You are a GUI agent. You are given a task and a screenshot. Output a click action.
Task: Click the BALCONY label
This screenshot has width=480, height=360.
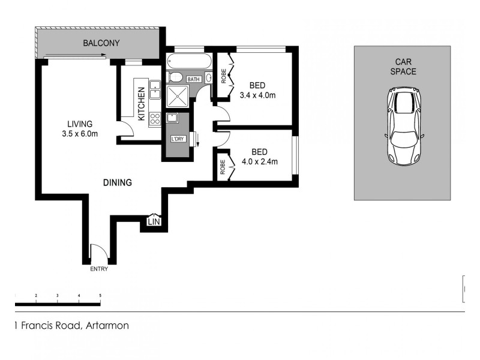click(x=101, y=43)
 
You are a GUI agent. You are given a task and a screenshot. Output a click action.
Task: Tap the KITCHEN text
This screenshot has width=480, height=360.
click(x=142, y=104)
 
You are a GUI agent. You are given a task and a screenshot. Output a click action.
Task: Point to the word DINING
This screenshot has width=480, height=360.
click(x=117, y=182)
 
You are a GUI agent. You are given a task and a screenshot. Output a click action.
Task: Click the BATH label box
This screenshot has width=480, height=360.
click(x=194, y=79)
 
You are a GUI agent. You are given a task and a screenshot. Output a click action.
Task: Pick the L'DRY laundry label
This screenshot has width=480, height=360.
click(x=178, y=139)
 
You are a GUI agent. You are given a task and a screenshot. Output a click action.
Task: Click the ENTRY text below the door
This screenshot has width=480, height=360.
click(x=99, y=269)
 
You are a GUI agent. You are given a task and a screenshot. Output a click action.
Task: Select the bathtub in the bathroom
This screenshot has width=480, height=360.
click(x=188, y=61)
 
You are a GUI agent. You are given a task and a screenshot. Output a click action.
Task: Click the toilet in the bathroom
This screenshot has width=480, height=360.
click(x=176, y=77)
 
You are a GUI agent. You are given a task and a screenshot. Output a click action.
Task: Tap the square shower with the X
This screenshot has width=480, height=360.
click(x=178, y=97)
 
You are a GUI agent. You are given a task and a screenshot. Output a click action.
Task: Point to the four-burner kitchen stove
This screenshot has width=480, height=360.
click(x=155, y=118)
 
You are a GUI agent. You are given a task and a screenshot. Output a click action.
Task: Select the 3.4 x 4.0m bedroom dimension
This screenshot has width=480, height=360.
click(x=257, y=95)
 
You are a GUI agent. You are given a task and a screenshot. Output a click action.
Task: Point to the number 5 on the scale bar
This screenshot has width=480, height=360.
click(x=100, y=296)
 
